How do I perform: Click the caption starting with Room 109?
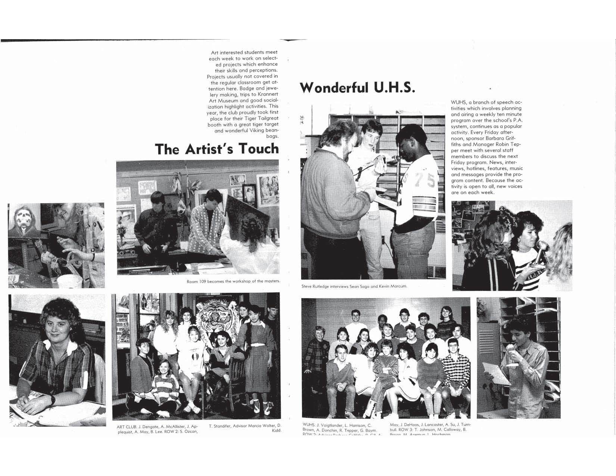point(233,281)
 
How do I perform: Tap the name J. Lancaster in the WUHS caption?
point(435,425)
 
